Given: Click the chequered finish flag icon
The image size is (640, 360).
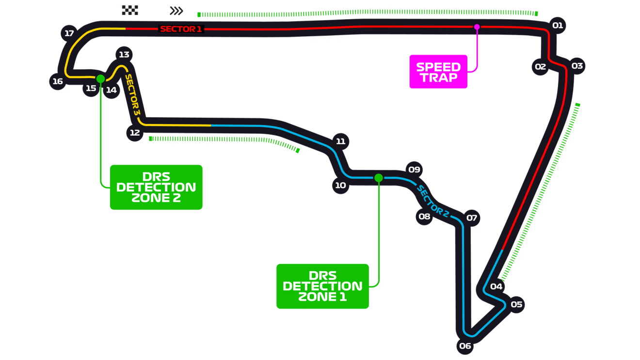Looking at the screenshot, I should point(129,10).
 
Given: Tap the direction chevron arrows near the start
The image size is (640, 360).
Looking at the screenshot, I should point(176,11).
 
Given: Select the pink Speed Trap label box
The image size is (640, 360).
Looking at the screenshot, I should point(438,72).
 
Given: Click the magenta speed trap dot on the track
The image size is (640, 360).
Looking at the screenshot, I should point(477,27).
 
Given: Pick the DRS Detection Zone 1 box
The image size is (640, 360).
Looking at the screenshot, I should point(322,286).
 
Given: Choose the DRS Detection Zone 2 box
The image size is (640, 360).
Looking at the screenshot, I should point(156,187).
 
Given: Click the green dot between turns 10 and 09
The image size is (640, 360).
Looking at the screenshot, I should point(379,178).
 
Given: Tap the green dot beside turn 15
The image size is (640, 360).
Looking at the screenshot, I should point(100,78).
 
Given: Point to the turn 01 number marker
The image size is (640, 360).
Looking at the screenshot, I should point(558,25).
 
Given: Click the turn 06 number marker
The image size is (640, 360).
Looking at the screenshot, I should point(465,345).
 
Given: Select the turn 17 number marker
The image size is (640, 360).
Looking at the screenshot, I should point(69,33).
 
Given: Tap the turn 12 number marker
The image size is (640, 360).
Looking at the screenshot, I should point(135,132).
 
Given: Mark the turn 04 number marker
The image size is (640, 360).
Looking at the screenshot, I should point(496,286).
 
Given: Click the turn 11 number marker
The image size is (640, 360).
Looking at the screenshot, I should point(341,141).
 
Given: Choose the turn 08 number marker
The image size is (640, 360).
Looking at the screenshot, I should point(424,216).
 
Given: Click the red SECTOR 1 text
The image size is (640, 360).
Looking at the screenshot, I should point(181,29).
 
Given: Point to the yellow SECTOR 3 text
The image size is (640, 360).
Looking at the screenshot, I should point(132,94).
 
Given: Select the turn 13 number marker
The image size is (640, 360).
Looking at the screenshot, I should point(124,54).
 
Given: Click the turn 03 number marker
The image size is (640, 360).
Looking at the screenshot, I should point(577,65).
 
